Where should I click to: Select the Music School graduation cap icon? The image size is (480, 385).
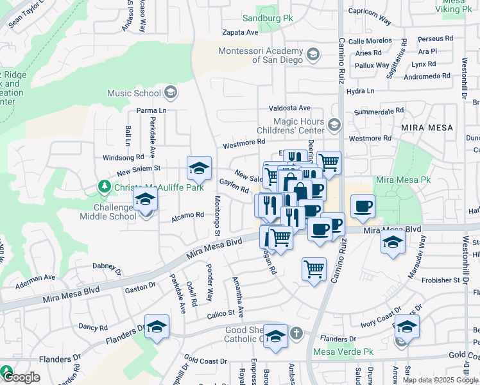(170, 93)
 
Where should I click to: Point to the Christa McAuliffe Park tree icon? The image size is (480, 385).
(103, 187)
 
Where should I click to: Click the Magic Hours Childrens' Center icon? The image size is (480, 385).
(334, 124)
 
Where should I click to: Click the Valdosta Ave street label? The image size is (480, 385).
(289, 108)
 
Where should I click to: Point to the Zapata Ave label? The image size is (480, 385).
(240, 32)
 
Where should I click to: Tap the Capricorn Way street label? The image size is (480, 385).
(369, 16)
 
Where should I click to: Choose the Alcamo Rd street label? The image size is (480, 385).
(187, 218)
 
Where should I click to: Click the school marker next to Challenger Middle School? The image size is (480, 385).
(146, 201)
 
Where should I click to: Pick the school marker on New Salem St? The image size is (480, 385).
(199, 169)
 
